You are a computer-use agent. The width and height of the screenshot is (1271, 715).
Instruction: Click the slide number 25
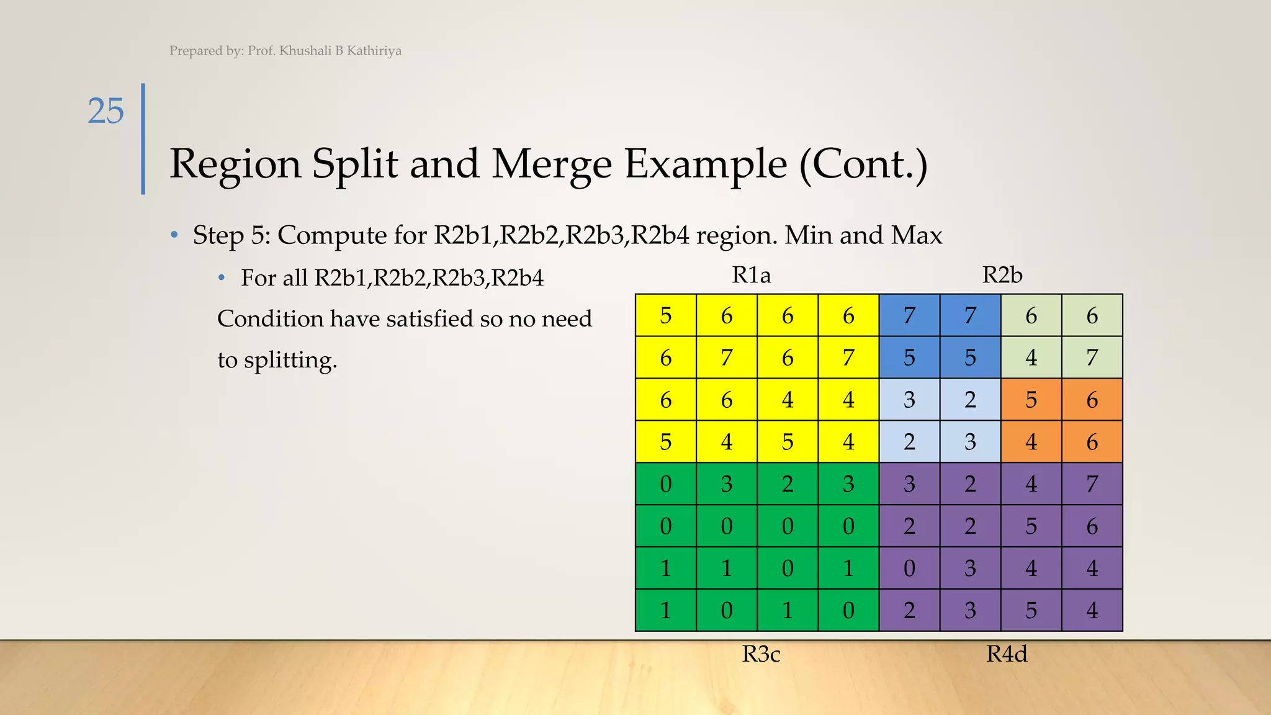106,112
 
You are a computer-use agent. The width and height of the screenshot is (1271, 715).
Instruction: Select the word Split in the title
354,164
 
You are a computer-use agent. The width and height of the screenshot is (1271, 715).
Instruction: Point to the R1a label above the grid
751,275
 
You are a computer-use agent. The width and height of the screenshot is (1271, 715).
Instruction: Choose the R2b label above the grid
1002,275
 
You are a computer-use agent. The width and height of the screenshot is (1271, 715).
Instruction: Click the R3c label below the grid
761,654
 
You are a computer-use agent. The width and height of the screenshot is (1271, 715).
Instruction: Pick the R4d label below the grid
1007,654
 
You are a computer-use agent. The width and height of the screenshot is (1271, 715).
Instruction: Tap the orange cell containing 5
1031,400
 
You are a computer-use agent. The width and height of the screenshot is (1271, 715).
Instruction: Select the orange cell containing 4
1031,442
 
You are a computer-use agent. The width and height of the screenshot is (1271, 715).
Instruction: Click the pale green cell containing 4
1031,357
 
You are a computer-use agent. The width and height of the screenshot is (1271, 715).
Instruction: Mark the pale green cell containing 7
1092,357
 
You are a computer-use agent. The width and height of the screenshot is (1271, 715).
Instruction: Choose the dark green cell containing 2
788,484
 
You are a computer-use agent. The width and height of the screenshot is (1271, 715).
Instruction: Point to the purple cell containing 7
1092,484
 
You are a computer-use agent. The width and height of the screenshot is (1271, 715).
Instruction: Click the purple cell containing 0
909,569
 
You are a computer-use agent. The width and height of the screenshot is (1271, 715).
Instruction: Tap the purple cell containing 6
1092,526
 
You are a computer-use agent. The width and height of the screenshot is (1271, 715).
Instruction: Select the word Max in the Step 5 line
917,235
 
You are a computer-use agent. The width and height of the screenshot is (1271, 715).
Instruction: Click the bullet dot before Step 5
175,235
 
